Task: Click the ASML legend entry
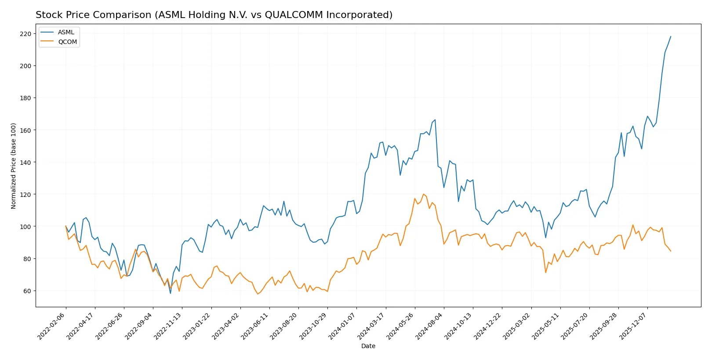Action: pos(66,32)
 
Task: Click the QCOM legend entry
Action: pos(67,42)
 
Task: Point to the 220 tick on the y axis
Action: pos(25,34)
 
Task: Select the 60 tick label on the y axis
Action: pos(27,291)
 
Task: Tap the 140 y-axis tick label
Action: pos(25,163)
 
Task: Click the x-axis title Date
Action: pos(368,346)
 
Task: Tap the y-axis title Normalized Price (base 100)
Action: pos(14,166)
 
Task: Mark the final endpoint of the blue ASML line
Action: pos(671,36)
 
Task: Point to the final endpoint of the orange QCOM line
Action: pos(671,251)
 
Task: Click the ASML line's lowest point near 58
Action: pos(171,293)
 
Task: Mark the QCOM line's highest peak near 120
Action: pos(424,194)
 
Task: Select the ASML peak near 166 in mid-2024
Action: pos(435,120)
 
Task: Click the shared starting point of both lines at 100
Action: pos(66,226)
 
